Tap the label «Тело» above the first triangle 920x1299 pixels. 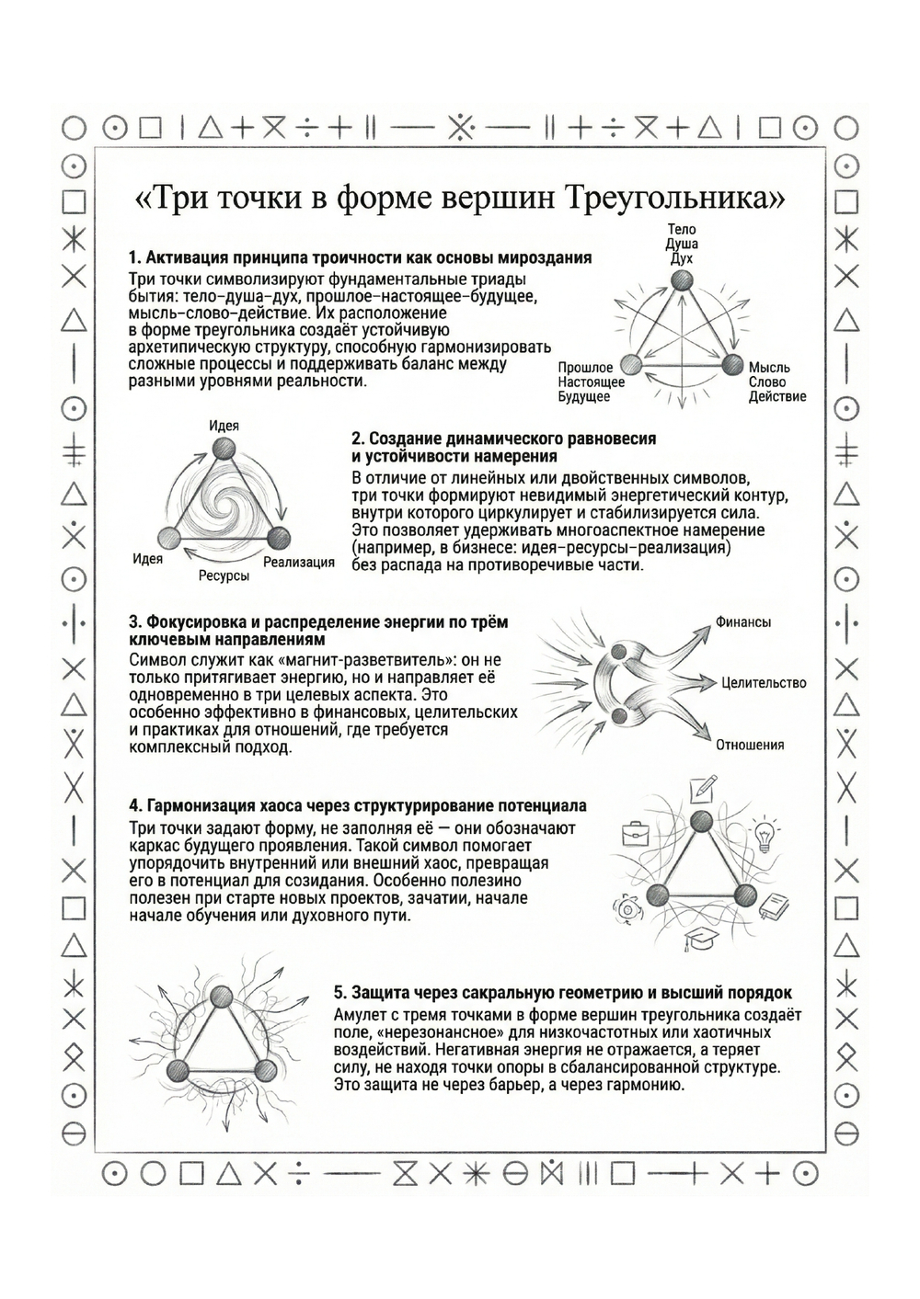(682, 229)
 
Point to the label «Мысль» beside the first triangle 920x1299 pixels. (769, 368)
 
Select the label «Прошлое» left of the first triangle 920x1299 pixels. (585, 368)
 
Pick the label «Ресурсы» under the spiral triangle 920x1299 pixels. (224, 575)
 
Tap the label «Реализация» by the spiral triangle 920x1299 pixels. (299, 562)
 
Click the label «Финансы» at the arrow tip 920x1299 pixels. (743, 622)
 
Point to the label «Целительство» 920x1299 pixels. (764, 683)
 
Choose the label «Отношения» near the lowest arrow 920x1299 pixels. (750, 745)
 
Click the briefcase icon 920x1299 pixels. (635, 834)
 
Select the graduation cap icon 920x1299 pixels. (697, 940)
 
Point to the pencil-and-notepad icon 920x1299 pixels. (703, 788)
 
